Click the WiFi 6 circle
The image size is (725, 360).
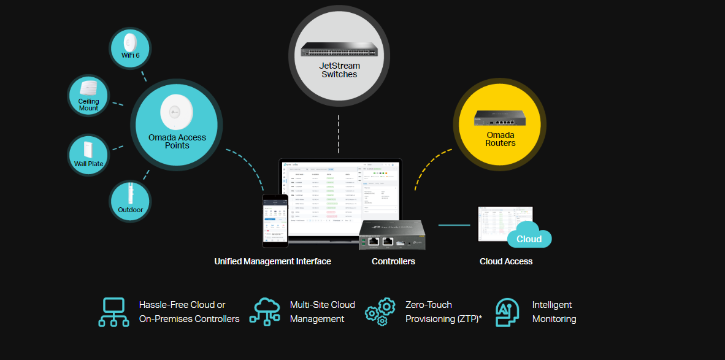pos(130,47)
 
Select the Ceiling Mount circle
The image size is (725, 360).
pos(88,96)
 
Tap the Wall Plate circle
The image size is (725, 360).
pos(88,155)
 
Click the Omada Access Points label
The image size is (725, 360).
pos(177,141)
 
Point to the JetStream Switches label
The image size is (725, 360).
pos(339,70)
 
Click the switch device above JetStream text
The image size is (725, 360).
pos(339,50)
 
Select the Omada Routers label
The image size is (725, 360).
pos(501,139)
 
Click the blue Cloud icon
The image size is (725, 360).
pos(529,236)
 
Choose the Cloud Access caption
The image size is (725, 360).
pos(506,261)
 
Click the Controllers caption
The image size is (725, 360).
pos(393,261)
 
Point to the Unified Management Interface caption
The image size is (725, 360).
pos(272,261)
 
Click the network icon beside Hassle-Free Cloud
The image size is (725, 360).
pos(113,312)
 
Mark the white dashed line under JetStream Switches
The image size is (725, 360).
pos(339,133)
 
